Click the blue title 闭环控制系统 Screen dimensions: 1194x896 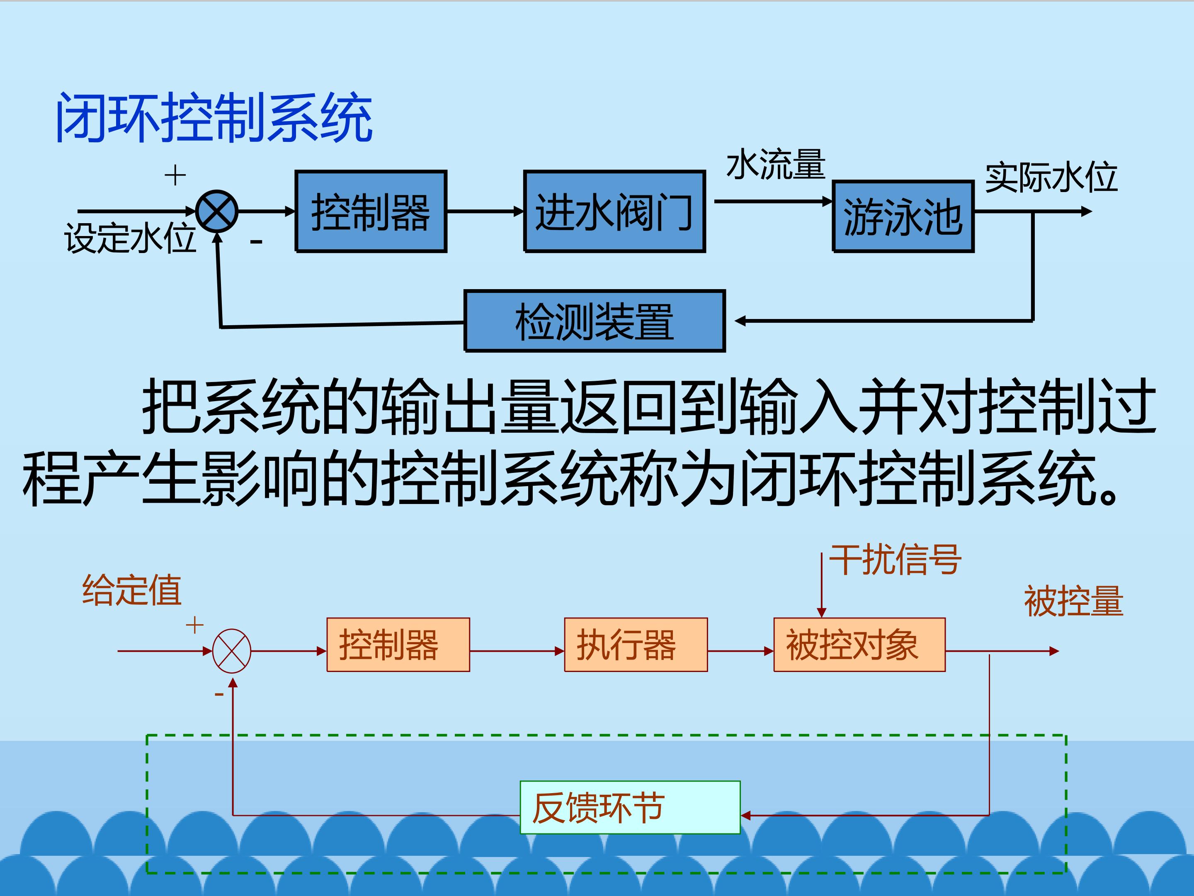(214, 117)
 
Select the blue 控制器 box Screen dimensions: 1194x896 (371, 211)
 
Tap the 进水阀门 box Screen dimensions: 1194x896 (614, 211)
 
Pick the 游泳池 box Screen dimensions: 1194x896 (903, 216)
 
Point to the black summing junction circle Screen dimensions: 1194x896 (216, 211)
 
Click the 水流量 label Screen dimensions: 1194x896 (776, 164)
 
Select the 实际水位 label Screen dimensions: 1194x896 (1051, 177)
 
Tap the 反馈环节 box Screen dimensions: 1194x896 (630, 807)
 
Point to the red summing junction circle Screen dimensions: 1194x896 (232, 651)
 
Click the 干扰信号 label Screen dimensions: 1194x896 (895, 560)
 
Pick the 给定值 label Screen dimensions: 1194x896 (132, 590)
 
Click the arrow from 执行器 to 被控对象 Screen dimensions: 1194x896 (740, 651)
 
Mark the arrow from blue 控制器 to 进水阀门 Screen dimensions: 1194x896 (485, 211)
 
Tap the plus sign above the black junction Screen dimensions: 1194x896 (175, 175)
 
